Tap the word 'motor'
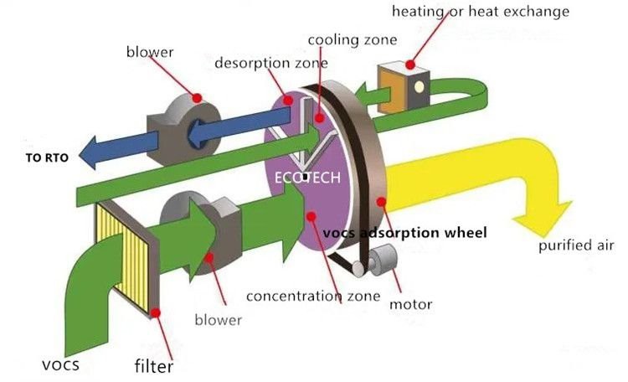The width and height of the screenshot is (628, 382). (x=410, y=303)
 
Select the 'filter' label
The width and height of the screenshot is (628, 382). (x=154, y=365)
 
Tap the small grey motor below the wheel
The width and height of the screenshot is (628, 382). (x=385, y=261)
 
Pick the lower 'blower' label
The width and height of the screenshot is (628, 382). (x=218, y=319)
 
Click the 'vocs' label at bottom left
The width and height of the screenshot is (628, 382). (x=60, y=365)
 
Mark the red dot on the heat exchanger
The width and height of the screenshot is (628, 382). (x=410, y=64)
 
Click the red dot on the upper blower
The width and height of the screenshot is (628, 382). (x=197, y=98)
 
